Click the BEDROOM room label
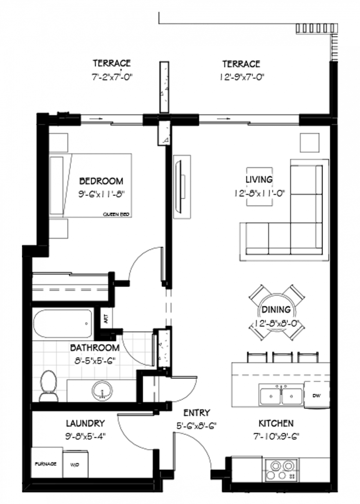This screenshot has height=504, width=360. coord(101,181)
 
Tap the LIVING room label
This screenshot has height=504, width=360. coord(259,180)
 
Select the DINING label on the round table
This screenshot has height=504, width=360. coord(276,310)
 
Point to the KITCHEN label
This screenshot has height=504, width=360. coord(276,424)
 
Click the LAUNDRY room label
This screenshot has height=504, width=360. coord(85,424)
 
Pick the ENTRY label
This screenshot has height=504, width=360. coord(197,413)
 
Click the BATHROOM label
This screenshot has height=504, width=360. coord(95,348)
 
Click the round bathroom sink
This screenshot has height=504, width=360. coord(102,390)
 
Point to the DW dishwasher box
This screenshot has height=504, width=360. coord(316,396)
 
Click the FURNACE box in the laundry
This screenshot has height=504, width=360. coord(46,464)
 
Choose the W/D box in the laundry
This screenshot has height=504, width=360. coord(75,465)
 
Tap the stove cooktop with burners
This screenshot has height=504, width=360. coord(281,470)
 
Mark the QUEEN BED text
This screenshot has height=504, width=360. coord(116,214)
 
